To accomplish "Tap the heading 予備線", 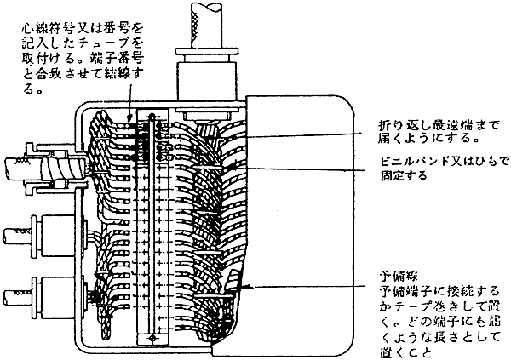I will click(x=398, y=277).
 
